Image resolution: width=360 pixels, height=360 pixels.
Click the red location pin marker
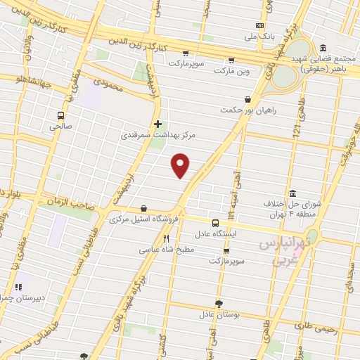(x=181, y=165)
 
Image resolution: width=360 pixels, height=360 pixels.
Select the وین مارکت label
(x=231, y=71)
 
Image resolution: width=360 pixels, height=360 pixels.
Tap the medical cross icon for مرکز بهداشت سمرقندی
(x=158, y=123)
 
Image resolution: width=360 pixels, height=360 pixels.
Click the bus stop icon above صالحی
(x=61, y=115)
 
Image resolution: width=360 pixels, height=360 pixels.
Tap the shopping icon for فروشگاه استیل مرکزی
(x=144, y=208)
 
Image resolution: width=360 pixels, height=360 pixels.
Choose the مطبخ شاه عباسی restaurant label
(x=166, y=249)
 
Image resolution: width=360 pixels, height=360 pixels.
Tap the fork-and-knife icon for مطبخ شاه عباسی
(x=167, y=238)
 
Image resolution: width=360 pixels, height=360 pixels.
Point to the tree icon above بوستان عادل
(x=219, y=303)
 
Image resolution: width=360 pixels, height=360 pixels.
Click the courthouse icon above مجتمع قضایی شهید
(x=323, y=48)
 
